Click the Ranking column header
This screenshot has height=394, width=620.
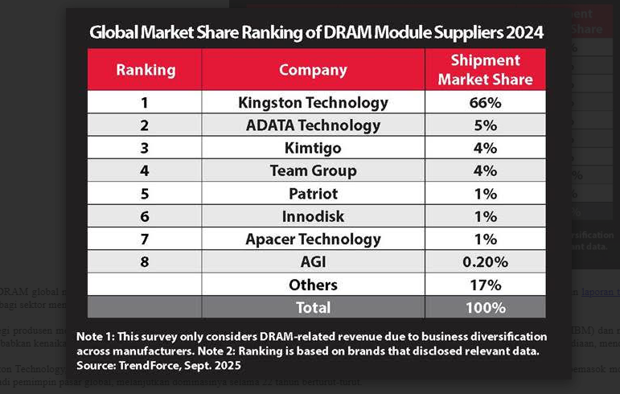pos(146,70)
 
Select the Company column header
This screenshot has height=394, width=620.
pos(313,70)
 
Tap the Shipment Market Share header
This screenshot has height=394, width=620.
pos(485,70)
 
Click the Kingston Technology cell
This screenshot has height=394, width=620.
pos(313,103)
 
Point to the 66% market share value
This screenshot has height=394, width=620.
pos(485,103)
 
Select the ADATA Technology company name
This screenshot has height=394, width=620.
pos(313,125)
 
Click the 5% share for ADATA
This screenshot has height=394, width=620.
pos(485,125)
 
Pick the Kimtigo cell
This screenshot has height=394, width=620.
pos(313,148)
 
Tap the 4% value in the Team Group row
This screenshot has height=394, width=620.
pos(485,171)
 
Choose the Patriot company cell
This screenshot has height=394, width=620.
pos(313,194)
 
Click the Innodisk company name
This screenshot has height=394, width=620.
pos(313,216)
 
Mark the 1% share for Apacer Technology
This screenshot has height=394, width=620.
pos(485,240)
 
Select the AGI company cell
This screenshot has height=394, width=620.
pos(313,262)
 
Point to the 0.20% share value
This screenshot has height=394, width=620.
pos(485,262)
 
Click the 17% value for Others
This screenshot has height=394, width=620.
pos(485,285)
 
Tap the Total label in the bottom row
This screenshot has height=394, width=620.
pos(313,307)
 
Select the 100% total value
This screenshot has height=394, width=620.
pos(485,307)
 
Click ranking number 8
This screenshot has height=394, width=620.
pos(146,262)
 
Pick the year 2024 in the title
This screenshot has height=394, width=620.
pos(524,33)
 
